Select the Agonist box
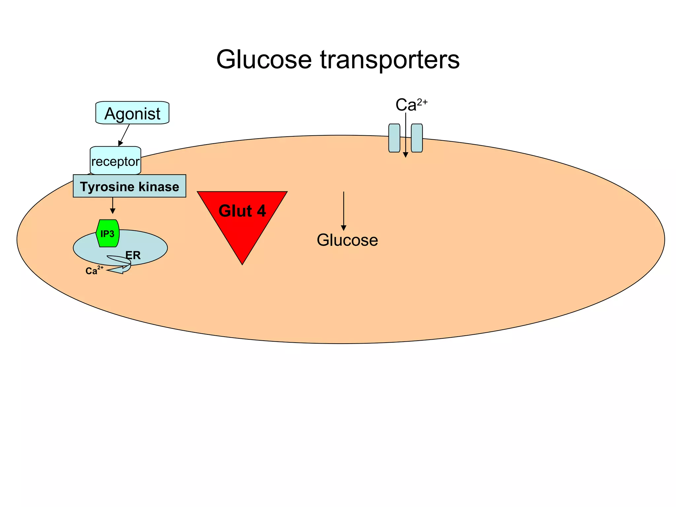[132, 113]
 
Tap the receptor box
[115, 161]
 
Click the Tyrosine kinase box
[129, 186]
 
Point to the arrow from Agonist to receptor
[124, 135]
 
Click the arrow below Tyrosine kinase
[113, 205]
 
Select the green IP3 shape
[108, 233]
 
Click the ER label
[133, 255]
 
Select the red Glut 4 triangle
[242, 218]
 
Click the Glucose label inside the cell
[347, 240]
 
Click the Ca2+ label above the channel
[411, 105]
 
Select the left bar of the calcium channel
[394, 138]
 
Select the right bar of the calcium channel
[417, 138]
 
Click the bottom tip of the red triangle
[242, 262]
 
